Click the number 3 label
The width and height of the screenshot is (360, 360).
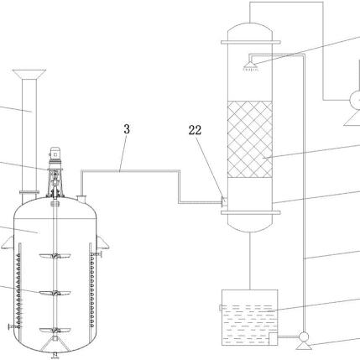127,129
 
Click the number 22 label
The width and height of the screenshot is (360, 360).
195,130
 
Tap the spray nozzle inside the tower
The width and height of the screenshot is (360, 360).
251,66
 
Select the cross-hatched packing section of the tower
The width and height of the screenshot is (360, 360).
250,139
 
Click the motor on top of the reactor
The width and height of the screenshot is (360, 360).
55,153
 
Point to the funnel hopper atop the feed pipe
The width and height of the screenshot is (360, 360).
29,74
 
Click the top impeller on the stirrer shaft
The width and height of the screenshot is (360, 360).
55,256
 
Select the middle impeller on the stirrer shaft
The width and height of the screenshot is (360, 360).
55,293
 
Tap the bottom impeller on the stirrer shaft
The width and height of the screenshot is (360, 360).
55,330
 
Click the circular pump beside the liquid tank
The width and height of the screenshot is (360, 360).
304,337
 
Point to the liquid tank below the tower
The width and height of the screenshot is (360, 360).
250,317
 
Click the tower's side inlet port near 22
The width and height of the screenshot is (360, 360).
224,201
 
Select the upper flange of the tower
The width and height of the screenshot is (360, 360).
251,42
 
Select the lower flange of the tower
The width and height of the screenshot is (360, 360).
251,212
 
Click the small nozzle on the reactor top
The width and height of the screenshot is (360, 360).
81,200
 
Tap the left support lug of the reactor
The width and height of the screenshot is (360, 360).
8,243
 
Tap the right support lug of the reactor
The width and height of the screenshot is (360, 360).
102,243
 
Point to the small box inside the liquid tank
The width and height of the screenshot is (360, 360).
273,339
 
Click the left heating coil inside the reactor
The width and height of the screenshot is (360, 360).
18,291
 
